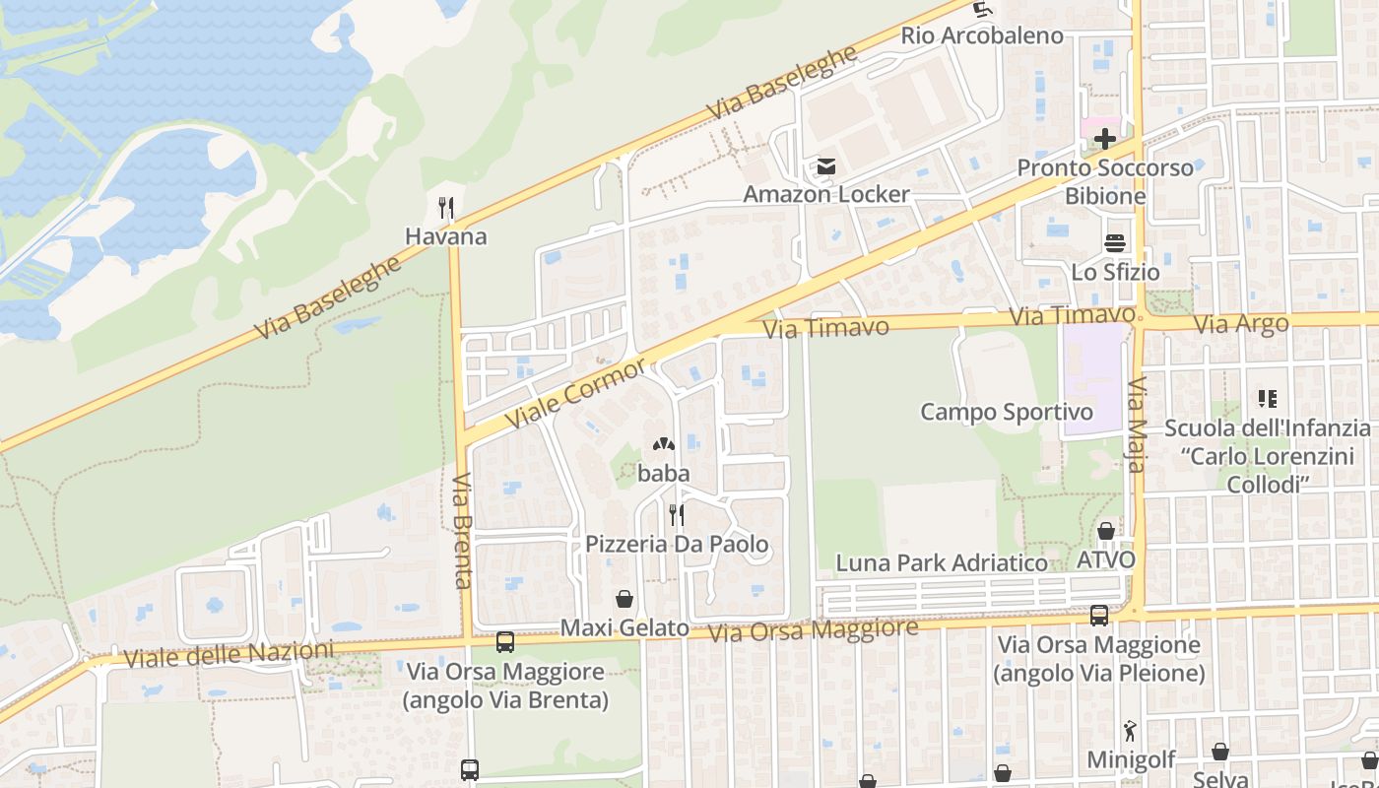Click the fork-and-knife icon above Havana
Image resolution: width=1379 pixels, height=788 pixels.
coord(446,207)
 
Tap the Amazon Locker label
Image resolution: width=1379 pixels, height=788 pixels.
coord(825,194)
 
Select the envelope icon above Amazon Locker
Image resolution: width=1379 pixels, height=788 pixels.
coord(825,167)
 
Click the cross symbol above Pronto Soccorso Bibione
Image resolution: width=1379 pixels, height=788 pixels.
coord(1105,139)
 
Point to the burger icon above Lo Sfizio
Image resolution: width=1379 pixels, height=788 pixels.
coord(1115,242)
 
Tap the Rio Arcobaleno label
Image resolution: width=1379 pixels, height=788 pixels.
coord(982,35)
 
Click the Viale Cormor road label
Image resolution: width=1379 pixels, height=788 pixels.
coord(577,394)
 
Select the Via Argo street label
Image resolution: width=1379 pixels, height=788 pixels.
coord(1240,324)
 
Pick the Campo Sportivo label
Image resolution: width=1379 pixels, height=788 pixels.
coord(1007,412)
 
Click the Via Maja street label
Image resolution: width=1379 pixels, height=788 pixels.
coord(1137,424)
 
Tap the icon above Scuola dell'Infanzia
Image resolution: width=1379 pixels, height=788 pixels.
coord(1267,399)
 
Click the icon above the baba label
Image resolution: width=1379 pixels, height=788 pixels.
coord(663,445)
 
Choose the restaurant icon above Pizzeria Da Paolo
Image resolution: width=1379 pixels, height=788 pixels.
coord(676,514)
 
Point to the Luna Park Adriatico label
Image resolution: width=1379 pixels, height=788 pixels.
coord(942,563)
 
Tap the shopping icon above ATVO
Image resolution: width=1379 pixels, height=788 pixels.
coord(1106,531)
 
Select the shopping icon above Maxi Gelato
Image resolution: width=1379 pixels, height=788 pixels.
coord(624,598)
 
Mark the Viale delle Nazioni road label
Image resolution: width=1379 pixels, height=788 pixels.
coord(230,654)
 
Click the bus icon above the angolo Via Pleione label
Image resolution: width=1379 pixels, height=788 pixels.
coord(1098,616)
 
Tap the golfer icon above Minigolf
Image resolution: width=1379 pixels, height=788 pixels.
coord(1130,732)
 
